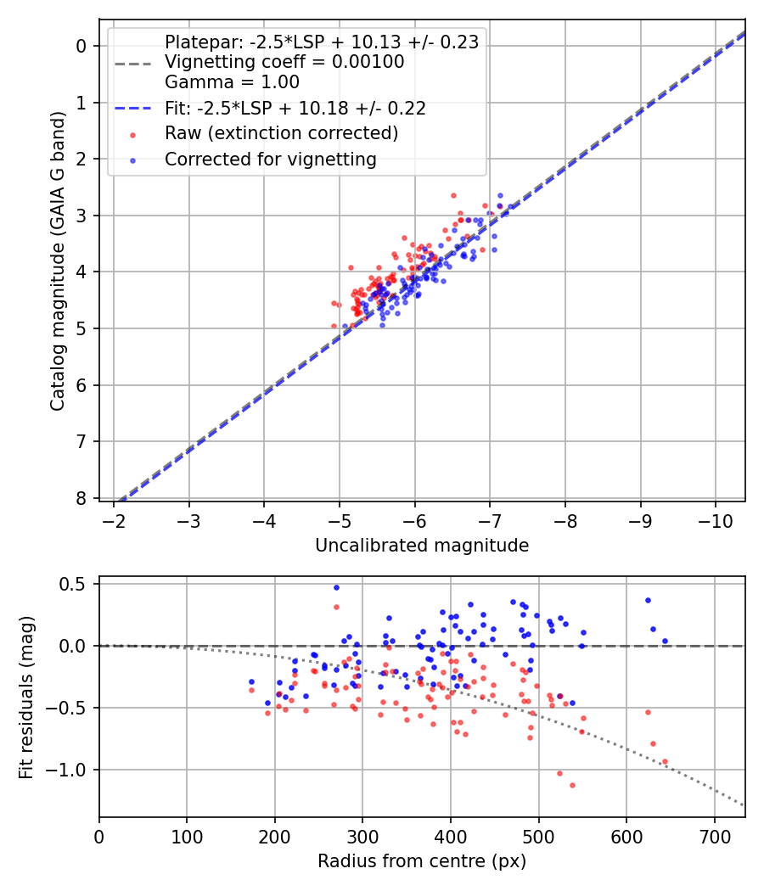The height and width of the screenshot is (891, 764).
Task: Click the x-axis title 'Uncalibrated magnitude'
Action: [x=422, y=545]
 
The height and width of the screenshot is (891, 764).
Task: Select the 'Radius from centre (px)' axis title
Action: [x=422, y=860]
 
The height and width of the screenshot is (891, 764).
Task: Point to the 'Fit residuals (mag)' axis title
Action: [x=27, y=697]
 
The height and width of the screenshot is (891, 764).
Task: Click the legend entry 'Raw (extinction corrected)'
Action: [x=281, y=133]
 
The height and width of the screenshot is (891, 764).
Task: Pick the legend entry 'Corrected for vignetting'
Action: [x=271, y=159]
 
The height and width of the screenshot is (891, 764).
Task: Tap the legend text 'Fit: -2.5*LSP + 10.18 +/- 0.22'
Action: [x=295, y=108]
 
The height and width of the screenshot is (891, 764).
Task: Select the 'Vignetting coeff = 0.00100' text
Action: [x=284, y=62]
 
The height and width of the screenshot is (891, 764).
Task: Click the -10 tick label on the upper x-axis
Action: [x=715, y=519]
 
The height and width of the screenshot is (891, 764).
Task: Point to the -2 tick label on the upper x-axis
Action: [x=114, y=519]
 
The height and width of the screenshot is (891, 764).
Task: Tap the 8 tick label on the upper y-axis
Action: [x=82, y=498]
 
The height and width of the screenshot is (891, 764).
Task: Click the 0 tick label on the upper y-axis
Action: [x=82, y=46]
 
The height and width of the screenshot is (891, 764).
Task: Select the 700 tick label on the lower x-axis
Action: [x=714, y=835]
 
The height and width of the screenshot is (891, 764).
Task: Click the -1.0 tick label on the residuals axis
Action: [x=71, y=770]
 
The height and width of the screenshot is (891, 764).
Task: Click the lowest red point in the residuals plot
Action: [x=572, y=785]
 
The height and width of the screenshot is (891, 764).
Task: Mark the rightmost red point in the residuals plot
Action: [x=665, y=762]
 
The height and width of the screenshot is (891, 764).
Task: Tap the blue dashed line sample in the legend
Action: [x=132, y=108]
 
